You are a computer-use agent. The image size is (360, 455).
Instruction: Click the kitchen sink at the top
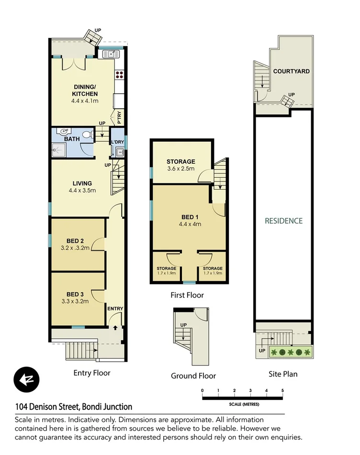[x=111, y=53]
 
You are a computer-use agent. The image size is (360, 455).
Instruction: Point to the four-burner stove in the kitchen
[x=119, y=74]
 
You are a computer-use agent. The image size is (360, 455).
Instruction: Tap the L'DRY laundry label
[x=117, y=143]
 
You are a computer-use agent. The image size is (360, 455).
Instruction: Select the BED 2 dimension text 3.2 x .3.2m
[x=76, y=249]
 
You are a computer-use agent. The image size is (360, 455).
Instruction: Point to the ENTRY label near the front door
[x=115, y=308]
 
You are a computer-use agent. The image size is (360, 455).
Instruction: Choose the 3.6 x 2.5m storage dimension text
[x=180, y=169]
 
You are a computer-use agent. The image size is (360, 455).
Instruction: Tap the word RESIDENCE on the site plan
[x=284, y=221]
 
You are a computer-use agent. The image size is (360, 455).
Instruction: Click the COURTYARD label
[x=291, y=71]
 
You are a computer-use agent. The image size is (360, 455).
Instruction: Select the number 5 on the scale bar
[x=282, y=391]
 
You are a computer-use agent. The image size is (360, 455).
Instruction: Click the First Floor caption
[x=187, y=296]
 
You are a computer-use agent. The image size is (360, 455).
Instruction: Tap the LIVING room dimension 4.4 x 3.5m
[x=82, y=191]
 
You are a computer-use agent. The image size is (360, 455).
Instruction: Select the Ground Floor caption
[x=193, y=376]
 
